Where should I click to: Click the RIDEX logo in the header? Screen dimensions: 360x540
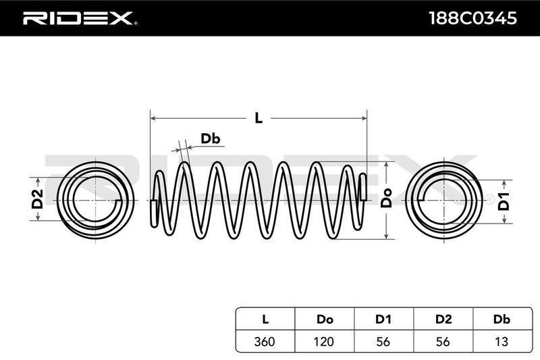pyautogui.click(x=80, y=18)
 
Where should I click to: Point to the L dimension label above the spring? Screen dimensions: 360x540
pyautogui.click(x=258, y=117)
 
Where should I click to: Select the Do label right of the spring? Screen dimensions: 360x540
pyautogui.click(x=387, y=200)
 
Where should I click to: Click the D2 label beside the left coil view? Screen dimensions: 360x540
pyautogui.click(x=38, y=199)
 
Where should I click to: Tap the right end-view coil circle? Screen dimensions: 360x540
pyautogui.click(x=445, y=199)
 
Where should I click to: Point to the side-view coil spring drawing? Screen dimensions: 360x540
pyautogui.click(x=258, y=200)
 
